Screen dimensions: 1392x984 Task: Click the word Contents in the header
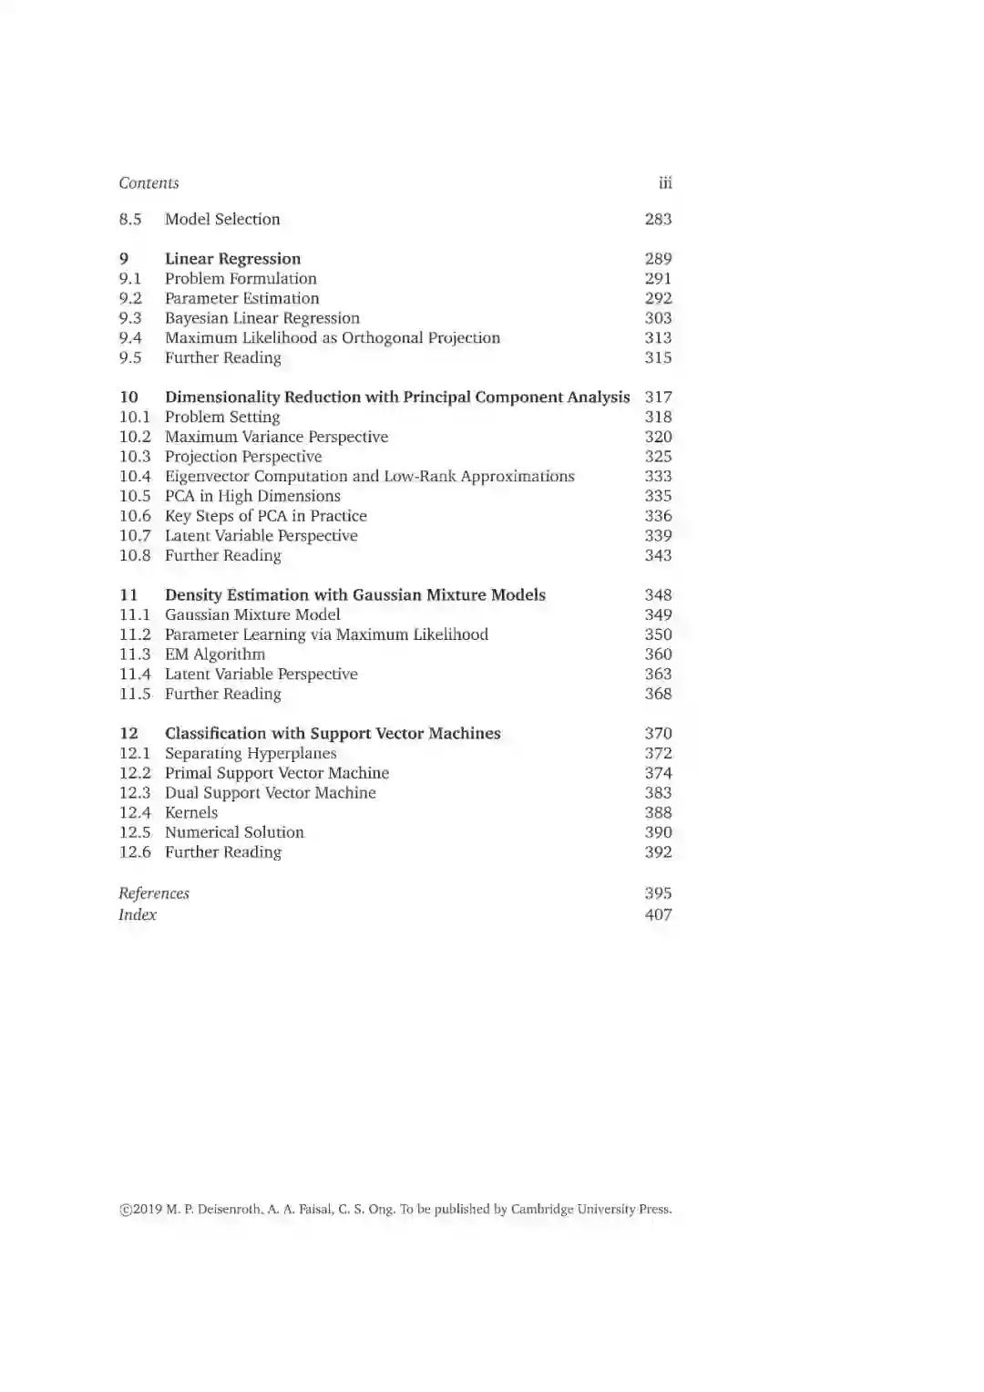[x=149, y=183]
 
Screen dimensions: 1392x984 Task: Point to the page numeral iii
[x=665, y=183]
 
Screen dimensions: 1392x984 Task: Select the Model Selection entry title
[x=222, y=220]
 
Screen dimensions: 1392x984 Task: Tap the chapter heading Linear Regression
[x=232, y=259]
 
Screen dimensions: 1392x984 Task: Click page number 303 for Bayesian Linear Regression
[x=658, y=318]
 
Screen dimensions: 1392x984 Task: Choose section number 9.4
[x=130, y=338]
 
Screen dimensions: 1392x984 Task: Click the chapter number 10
[x=129, y=397]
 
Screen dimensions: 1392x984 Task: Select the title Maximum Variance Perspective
[x=276, y=437]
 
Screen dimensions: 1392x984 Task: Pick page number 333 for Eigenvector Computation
[x=658, y=477]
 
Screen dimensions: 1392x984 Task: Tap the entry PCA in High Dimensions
[x=252, y=496]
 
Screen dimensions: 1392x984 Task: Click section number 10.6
[x=135, y=516]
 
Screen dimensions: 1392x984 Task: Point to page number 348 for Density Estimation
[x=658, y=595]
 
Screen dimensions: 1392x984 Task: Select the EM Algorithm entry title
[x=215, y=655]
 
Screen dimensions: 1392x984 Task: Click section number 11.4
[x=135, y=675]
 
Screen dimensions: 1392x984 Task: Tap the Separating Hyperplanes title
[x=251, y=754]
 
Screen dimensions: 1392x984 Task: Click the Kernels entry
[x=191, y=813]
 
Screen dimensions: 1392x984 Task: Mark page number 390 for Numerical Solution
[x=658, y=832]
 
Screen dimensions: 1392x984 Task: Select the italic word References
[x=154, y=893]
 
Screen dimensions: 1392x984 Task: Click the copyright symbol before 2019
[x=125, y=1211]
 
